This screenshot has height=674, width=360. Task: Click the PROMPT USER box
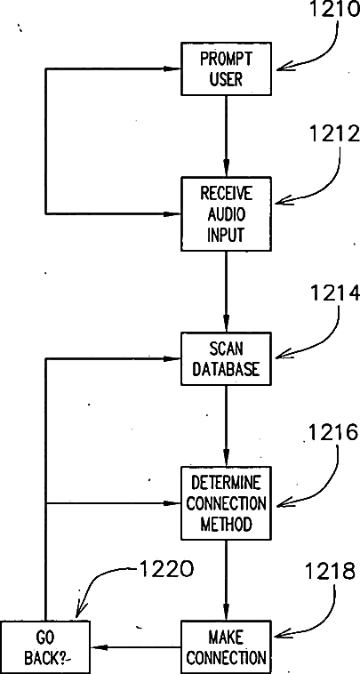[226, 68]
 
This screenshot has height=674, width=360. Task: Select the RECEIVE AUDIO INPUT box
[226, 213]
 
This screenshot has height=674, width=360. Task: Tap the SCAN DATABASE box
[226, 358]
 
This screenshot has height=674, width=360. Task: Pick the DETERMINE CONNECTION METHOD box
[226, 503]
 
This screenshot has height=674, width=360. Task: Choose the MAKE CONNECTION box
[226, 647]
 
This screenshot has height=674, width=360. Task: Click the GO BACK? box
[45, 647]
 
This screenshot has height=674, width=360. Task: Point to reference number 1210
[334, 10]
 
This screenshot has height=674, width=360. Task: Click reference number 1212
[334, 134]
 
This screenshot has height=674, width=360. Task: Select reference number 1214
[334, 293]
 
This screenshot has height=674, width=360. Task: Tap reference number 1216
[333, 434]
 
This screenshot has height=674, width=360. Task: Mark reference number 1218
[331, 572]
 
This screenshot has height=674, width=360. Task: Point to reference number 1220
[166, 570]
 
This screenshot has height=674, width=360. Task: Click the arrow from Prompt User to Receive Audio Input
[226, 136]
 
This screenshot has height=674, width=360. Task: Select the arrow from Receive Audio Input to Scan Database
[226, 292]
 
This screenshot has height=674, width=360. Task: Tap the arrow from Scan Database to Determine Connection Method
[226, 426]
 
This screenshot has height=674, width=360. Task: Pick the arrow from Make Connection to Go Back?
[136, 647]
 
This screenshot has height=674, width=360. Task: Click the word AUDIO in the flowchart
[227, 214]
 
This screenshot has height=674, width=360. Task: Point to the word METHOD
[226, 524]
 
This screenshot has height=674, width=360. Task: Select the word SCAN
[227, 349]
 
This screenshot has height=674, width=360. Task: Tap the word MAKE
[226, 638]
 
